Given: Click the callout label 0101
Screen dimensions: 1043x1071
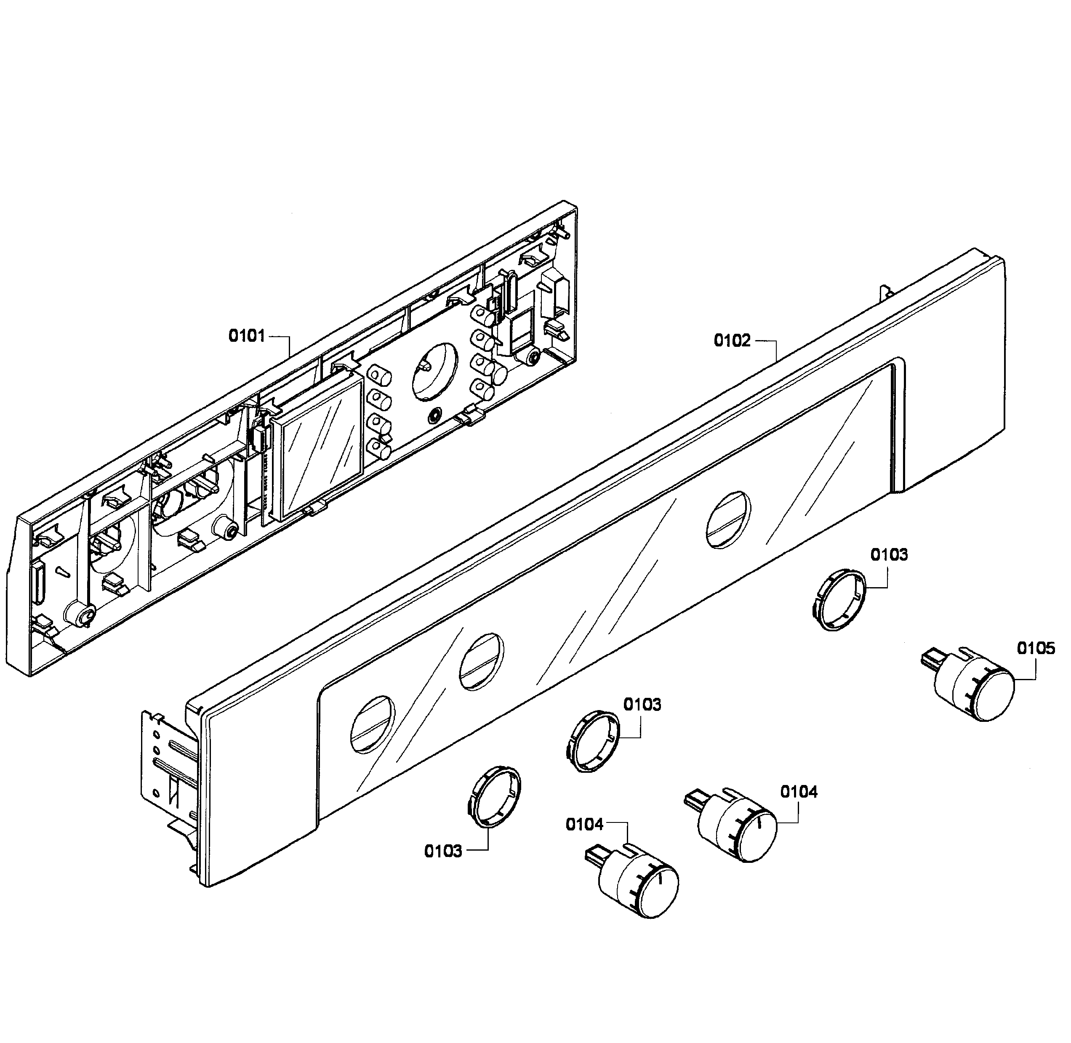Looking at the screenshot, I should tap(247, 336).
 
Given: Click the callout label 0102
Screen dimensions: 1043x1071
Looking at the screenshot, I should tap(732, 341).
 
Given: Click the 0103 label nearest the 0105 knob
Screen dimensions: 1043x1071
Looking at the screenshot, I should tap(889, 555).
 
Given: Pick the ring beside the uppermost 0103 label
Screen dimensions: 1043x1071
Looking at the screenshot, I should tap(839, 600).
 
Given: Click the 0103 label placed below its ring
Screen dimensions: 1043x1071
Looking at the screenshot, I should tap(442, 851).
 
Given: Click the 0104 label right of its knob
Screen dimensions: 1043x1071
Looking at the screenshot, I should tap(799, 792).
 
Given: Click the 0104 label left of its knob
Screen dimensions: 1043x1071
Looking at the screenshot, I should tap(584, 825).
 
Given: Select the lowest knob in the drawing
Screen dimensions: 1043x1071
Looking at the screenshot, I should tap(638, 886).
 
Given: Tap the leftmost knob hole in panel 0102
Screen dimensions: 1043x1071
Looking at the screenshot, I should tap(373, 724).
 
